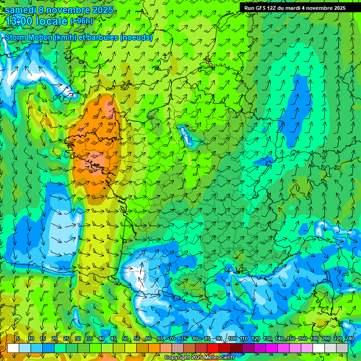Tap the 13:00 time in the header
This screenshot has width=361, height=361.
20,21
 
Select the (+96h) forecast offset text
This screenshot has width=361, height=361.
81,21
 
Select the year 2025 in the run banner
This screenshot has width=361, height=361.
337,8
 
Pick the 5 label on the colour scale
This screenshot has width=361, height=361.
18,339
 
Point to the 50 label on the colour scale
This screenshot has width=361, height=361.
125,339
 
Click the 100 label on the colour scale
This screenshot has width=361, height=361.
232,339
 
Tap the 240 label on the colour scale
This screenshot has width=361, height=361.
349,339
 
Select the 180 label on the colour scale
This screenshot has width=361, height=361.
314,339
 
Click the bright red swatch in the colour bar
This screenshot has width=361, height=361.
213,348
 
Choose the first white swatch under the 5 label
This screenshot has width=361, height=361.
13,348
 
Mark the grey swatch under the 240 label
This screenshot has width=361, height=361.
342,348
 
